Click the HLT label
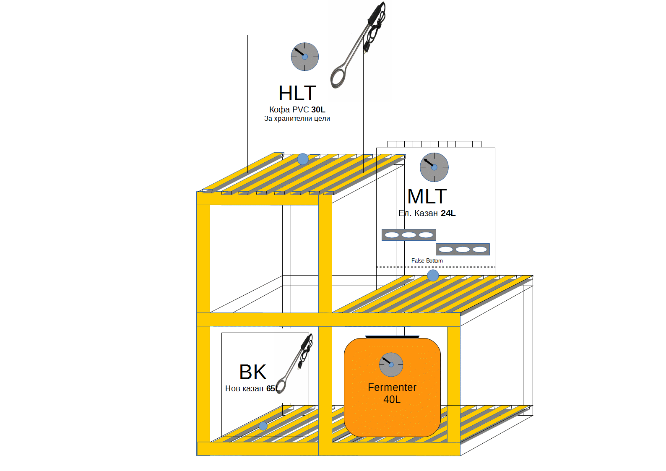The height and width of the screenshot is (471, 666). click(x=297, y=93)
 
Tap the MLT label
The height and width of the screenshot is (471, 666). click(x=427, y=196)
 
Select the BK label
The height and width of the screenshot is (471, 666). click(x=252, y=372)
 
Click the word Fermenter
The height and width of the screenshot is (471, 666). click(x=392, y=388)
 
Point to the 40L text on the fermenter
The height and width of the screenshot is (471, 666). click(x=392, y=400)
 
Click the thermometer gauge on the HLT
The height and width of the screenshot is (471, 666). click(x=305, y=57)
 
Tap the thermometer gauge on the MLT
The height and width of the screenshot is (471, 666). click(x=434, y=167)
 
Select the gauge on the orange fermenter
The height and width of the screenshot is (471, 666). click(x=391, y=364)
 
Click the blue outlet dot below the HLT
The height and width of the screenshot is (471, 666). click(x=303, y=159)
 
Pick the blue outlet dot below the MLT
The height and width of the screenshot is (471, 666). click(x=433, y=276)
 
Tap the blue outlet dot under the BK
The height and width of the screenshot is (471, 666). click(x=263, y=426)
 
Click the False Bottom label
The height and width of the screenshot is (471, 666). click(x=427, y=261)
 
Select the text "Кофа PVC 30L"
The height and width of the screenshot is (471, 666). click(x=297, y=110)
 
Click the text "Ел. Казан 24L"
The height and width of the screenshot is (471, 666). click(x=427, y=213)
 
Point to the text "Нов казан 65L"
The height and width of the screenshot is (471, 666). click(x=252, y=389)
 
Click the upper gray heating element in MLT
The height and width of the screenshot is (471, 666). click(x=408, y=235)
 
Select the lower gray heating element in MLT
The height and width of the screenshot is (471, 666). click(x=463, y=250)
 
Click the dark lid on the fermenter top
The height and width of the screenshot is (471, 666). click(x=392, y=337)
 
